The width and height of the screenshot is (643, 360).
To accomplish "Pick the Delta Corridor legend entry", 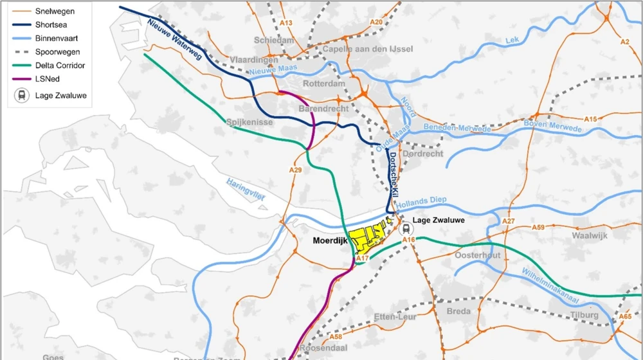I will (x=60, y=65).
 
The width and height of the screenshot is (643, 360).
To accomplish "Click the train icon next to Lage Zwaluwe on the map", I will (x=405, y=228).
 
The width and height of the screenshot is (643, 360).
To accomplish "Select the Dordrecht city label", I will (x=422, y=154).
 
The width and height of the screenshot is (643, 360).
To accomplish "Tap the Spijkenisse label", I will (x=250, y=122).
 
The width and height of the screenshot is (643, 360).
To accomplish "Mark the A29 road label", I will (x=295, y=170).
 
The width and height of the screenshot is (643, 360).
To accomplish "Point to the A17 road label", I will (x=362, y=258).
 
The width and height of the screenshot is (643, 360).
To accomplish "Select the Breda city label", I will (x=458, y=311).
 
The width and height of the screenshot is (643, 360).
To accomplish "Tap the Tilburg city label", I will (x=584, y=315).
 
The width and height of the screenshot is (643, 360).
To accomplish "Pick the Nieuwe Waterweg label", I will (x=174, y=40).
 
